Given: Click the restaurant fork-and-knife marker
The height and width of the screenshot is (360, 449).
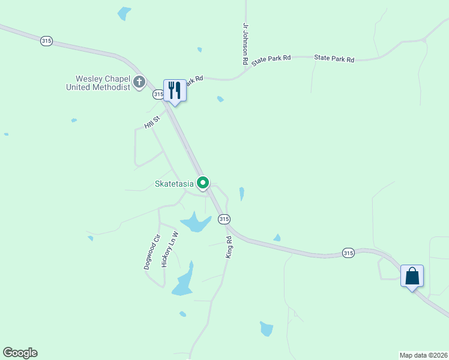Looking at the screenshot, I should (175, 91).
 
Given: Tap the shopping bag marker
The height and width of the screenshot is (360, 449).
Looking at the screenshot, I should (412, 276).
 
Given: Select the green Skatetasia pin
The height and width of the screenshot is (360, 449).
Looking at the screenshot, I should (203, 182).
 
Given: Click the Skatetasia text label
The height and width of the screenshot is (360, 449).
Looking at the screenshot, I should (175, 184).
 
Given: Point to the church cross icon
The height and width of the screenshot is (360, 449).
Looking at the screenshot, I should (139, 82).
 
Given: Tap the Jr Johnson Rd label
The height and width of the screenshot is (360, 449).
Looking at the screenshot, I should (245, 44).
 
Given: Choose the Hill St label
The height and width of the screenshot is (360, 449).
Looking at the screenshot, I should (153, 122).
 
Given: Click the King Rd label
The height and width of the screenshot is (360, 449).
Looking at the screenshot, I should (229, 247).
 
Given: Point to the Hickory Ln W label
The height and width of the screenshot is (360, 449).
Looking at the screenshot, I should (170, 249).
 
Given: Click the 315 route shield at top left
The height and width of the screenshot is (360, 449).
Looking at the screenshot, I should (47, 41).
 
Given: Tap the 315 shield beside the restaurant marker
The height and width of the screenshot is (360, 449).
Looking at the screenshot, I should (158, 94).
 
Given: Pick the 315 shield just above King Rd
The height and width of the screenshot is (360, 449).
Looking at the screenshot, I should (224, 219).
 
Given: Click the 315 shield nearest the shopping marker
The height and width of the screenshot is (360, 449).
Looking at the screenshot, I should (348, 253).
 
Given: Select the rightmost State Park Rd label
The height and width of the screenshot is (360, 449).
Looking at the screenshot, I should (334, 59).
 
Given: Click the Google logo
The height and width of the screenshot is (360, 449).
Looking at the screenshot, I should (20, 353).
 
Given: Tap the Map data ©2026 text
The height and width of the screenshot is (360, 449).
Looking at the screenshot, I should (424, 355).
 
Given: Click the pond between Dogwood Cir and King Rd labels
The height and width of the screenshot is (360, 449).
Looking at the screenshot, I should (195, 223).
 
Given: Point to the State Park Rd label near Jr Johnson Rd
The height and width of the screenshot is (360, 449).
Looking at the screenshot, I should (271, 59).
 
